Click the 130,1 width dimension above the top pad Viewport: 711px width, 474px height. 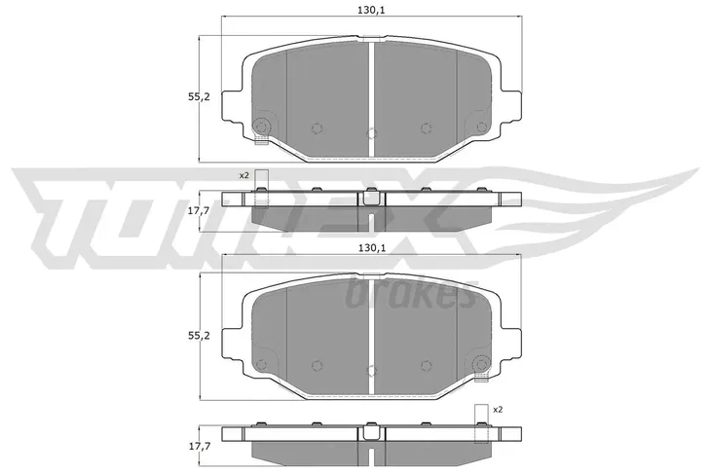(x=371, y=10)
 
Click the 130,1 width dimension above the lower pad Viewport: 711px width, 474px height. (x=371, y=247)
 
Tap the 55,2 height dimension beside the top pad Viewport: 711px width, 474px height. (x=200, y=96)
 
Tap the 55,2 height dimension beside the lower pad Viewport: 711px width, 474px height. (x=200, y=336)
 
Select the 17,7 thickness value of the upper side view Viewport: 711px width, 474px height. (x=200, y=209)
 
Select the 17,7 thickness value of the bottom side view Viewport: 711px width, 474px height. (x=200, y=447)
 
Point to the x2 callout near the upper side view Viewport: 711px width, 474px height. (x=244, y=176)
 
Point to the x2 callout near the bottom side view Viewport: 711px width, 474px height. (x=498, y=410)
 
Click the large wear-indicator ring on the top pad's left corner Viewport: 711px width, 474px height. (x=262, y=126)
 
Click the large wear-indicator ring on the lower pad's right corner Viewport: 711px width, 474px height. (x=481, y=364)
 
